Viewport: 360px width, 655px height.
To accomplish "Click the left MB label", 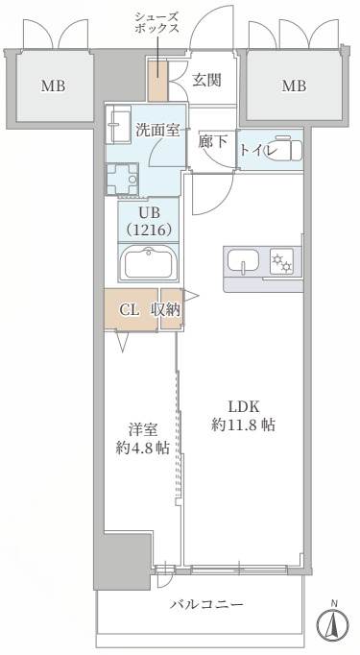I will click(53, 86).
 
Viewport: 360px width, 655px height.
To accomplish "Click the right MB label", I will click(294, 86).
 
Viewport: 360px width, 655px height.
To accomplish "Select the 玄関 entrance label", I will click(206, 80).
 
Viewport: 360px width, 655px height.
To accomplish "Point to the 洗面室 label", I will click(157, 131).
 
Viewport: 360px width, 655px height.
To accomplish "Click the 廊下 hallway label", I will click(213, 140).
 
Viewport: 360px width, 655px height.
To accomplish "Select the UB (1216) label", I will click(147, 223).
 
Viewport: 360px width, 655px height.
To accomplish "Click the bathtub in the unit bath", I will click(148, 261).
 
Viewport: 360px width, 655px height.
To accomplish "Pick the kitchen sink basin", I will click(242, 260).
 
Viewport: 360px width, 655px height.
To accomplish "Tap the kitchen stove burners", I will click(282, 260).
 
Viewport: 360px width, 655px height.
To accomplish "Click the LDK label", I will click(244, 405).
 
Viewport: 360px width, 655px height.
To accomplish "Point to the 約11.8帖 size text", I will click(244, 425).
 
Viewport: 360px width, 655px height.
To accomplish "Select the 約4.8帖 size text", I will click(143, 447).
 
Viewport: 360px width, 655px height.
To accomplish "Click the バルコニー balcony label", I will click(206, 604).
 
